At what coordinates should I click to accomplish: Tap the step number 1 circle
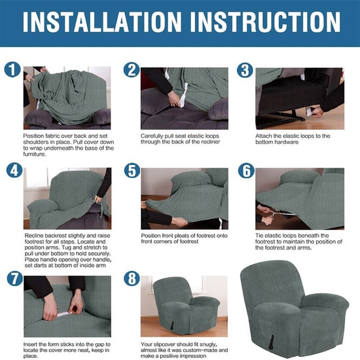[12, 71]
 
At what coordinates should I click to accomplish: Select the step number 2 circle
[132, 71]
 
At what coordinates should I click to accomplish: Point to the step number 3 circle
[245, 71]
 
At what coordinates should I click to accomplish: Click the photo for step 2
[185, 98]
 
